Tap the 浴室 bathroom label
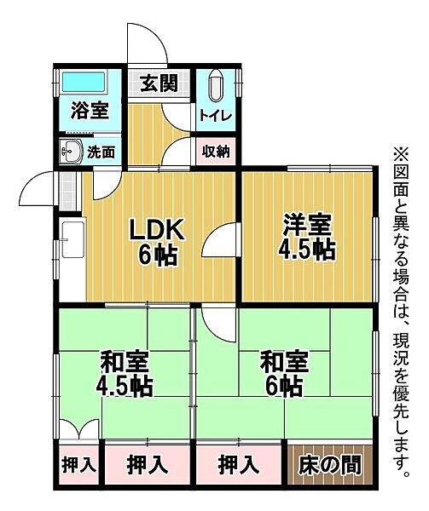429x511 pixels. pos(89,111)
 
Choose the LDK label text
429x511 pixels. pos(154,230)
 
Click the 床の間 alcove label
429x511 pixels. pos(329,465)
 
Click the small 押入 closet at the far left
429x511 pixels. pos(79,466)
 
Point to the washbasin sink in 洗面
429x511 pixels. pos(71,152)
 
